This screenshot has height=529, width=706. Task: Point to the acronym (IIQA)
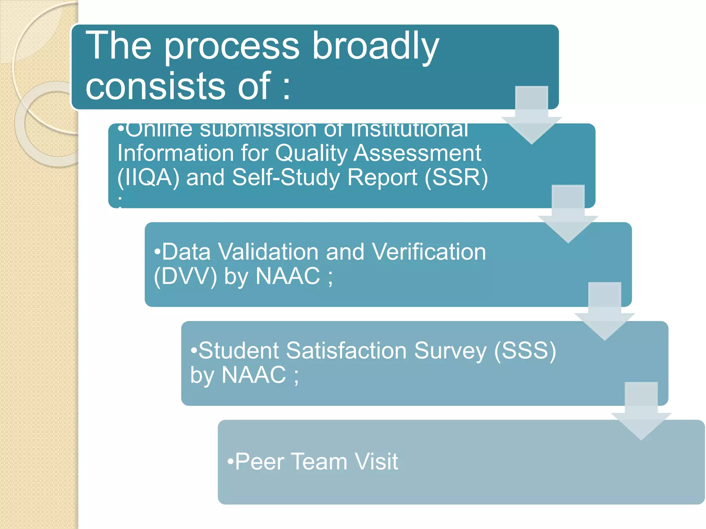click(149, 178)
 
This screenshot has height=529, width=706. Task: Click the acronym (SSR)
click(456, 178)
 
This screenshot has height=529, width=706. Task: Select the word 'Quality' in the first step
click(311, 153)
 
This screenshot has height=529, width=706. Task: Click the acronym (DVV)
click(185, 276)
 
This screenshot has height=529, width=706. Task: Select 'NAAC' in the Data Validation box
click(288, 276)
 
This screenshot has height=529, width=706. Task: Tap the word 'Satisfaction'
click(346, 351)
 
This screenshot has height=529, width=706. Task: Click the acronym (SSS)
click(525, 351)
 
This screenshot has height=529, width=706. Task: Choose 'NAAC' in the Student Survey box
click(254, 375)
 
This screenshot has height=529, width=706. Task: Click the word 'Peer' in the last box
click(260, 461)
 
